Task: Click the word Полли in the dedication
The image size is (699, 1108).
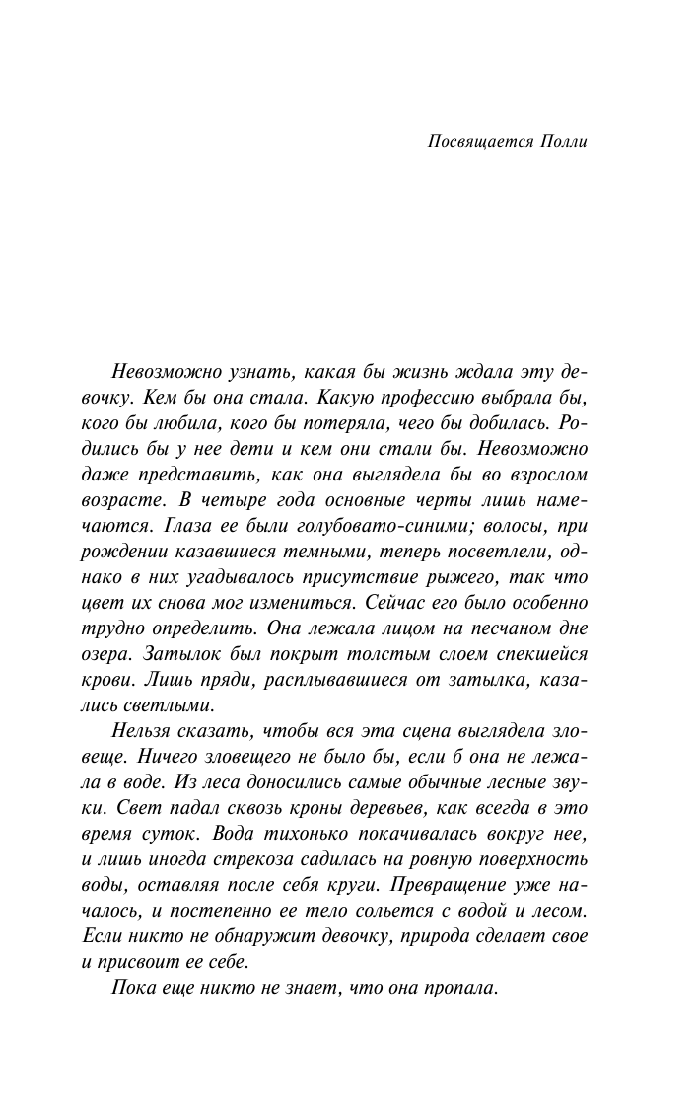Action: [565, 141]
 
